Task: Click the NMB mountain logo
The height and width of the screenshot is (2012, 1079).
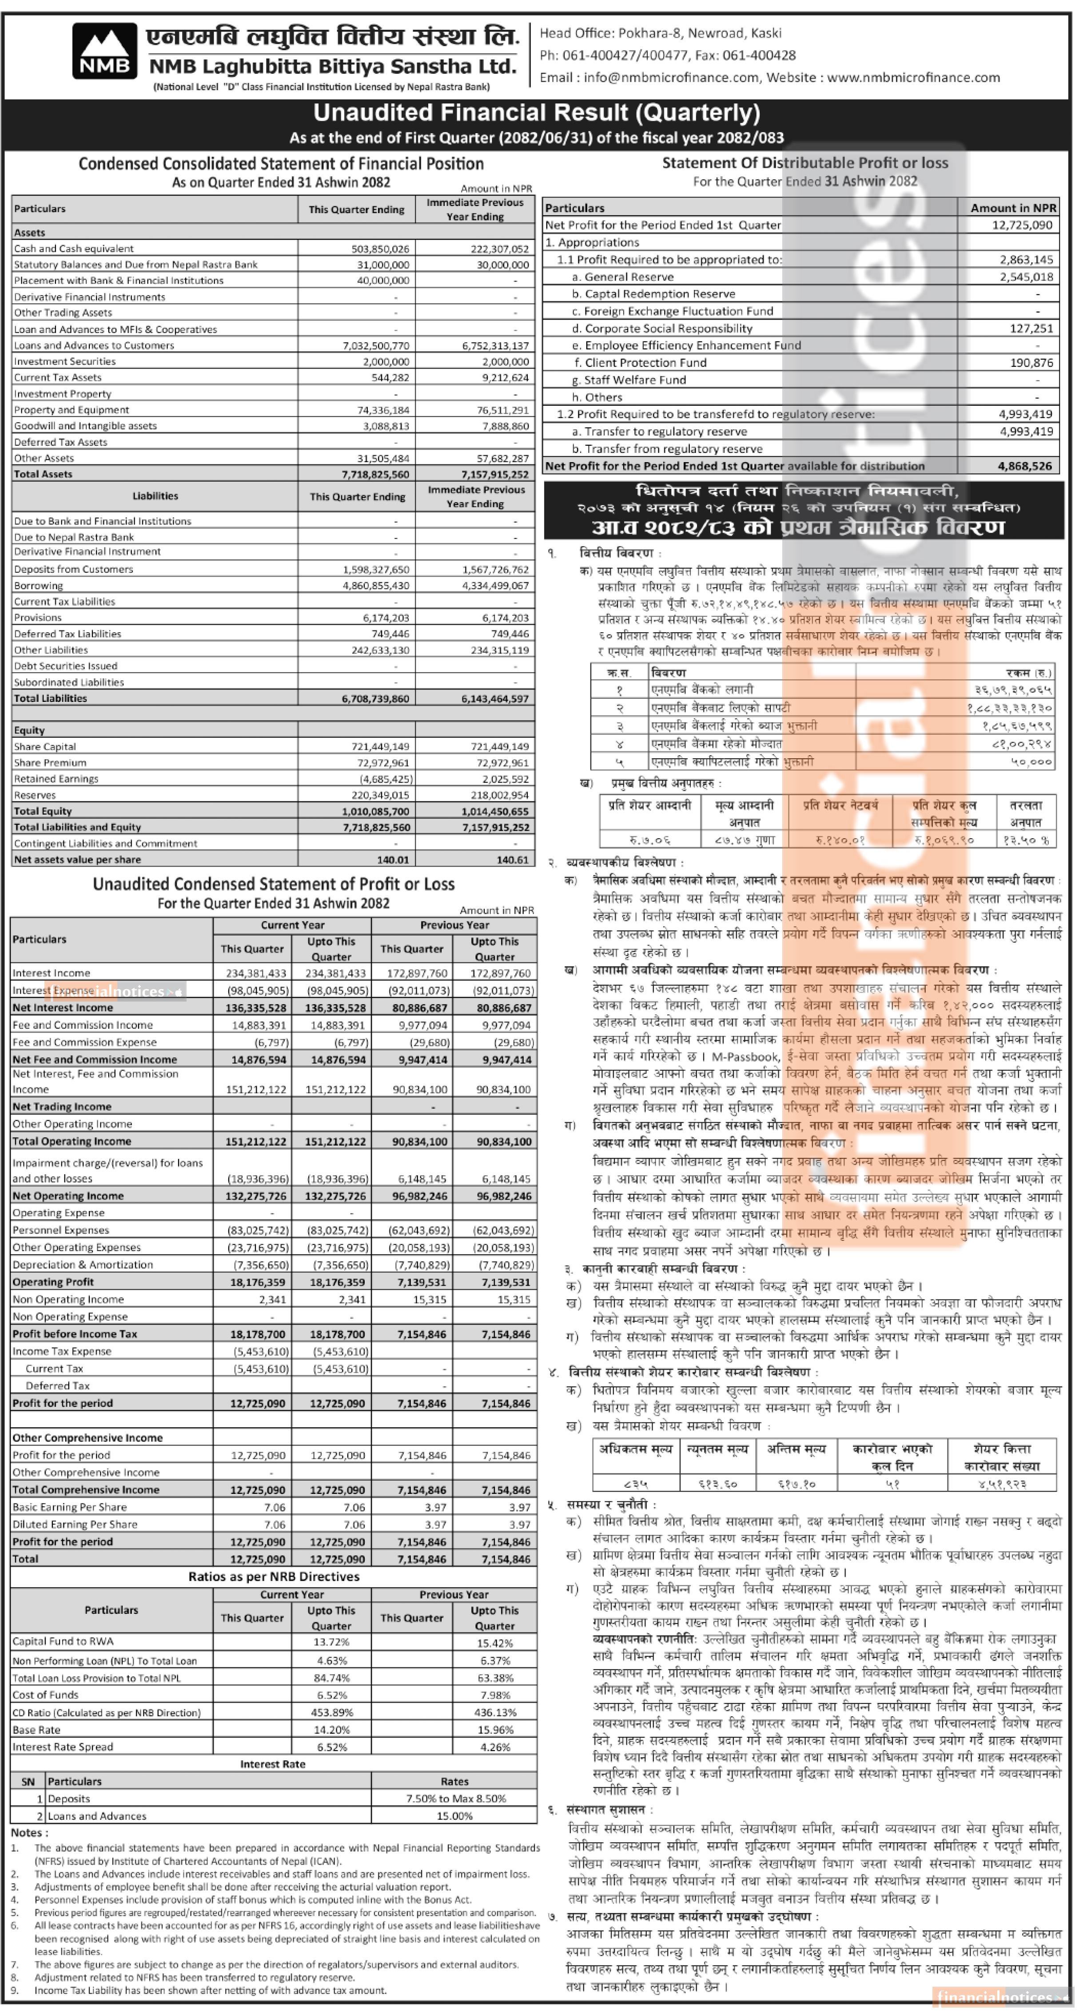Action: tap(104, 51)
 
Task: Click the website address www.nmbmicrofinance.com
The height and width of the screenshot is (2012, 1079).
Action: tap(913, 77)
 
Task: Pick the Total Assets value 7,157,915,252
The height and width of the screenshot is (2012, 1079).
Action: tap(495, 474)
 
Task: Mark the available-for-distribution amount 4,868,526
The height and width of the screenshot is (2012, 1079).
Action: tap(1025, 466)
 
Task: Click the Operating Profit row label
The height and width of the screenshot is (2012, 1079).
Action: tap(53, 1282)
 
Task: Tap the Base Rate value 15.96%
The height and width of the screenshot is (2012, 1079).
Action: tap(495, 1729)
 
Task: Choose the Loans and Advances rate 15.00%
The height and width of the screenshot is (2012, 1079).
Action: tap(455, 1816)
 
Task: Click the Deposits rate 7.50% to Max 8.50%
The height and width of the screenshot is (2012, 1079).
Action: tap(455, 1799)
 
